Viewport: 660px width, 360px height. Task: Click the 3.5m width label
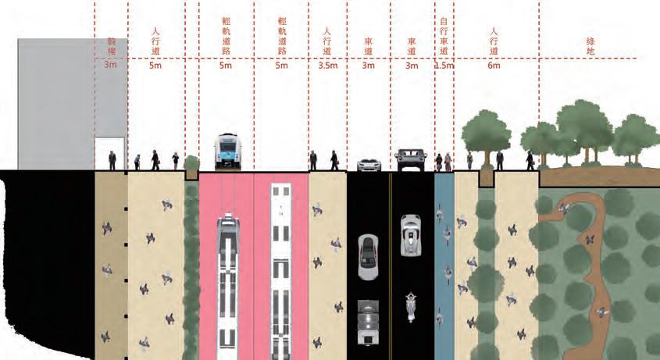click(327, 66)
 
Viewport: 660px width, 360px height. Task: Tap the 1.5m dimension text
click(444, 66)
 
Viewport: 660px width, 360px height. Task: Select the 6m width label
click(494, 66)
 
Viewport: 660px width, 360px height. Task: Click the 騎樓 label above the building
click(111, 45)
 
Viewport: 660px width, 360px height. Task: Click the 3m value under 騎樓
click(111, 66)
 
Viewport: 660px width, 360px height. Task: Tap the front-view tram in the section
click(227, 151)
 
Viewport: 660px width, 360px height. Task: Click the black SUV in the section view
click(411, 159)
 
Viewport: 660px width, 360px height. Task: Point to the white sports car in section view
click(369, 164)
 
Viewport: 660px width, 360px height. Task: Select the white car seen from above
click(409, 235)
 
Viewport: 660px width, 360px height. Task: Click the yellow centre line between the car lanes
click(390, 266)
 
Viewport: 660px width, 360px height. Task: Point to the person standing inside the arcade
click(112, 160)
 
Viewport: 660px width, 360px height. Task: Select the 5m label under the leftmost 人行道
click(156, 66)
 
